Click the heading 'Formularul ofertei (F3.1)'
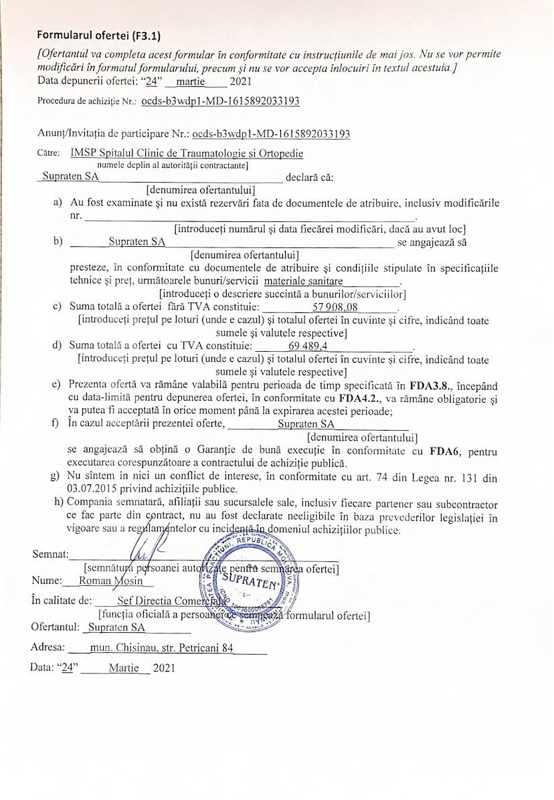tap(98, 34)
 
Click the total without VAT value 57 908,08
tap(339, 308)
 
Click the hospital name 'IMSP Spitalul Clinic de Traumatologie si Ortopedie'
tap(187, 153)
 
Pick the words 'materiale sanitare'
tap(304, 282)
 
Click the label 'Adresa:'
tap(48, 647)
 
